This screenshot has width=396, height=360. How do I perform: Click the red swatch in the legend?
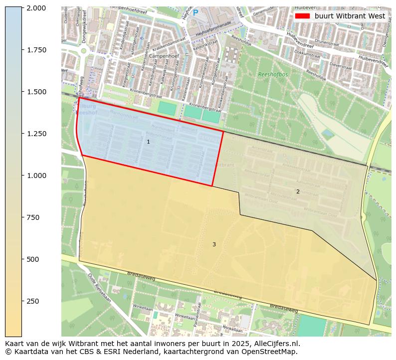point(302,16)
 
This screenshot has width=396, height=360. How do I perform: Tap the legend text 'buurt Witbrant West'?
point(350,16)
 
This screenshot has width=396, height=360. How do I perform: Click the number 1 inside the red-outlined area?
point(148,142)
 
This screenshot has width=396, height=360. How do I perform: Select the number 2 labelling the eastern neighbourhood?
point(298,191)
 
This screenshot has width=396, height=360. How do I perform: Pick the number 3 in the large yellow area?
point(214,244)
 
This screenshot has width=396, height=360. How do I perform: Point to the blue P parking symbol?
point(196,13)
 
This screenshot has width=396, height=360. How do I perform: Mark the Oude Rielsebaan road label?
point(98,285)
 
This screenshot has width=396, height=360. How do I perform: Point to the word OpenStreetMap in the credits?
point(269,352)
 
